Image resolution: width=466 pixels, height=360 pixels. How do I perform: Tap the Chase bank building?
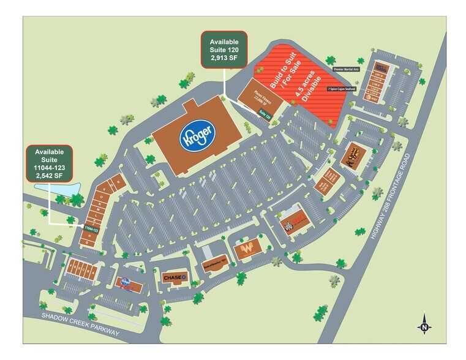pyautogui.click(x=174, y=277)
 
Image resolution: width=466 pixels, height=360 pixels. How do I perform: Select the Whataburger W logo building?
pyautogui.click(x=248, y=249)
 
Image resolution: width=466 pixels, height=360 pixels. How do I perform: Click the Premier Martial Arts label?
pyautogui.click(x=346, y=70)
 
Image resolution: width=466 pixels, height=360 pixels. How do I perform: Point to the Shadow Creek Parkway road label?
pyautogui.click(x=79, y=322)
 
